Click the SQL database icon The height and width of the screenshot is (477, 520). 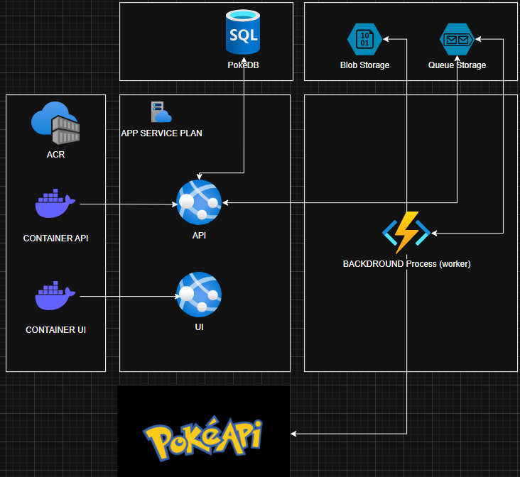click(244, 32)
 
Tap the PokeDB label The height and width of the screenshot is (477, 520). click(244, 65)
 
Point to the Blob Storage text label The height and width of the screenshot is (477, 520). click(364, 65)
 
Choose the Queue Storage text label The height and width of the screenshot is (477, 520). click(457, 65)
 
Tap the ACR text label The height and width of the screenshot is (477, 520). click(55, 154)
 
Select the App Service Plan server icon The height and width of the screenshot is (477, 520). click(161, 112)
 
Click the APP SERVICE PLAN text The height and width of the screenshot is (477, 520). click(162, 133)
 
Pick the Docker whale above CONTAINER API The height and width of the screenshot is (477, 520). click(55, 204)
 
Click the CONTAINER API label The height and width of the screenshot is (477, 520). click(55, 238)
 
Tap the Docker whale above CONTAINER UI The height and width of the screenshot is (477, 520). click(55, 296)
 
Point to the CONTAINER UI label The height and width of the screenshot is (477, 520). click(55, 330)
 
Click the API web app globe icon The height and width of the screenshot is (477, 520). click(199, 203)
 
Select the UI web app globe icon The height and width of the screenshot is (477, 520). click(199, 295)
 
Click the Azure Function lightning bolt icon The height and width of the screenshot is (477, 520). click(406, 232)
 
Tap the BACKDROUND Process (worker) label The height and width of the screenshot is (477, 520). click(406, 264)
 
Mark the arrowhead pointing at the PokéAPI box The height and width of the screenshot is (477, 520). click(294, 434)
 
